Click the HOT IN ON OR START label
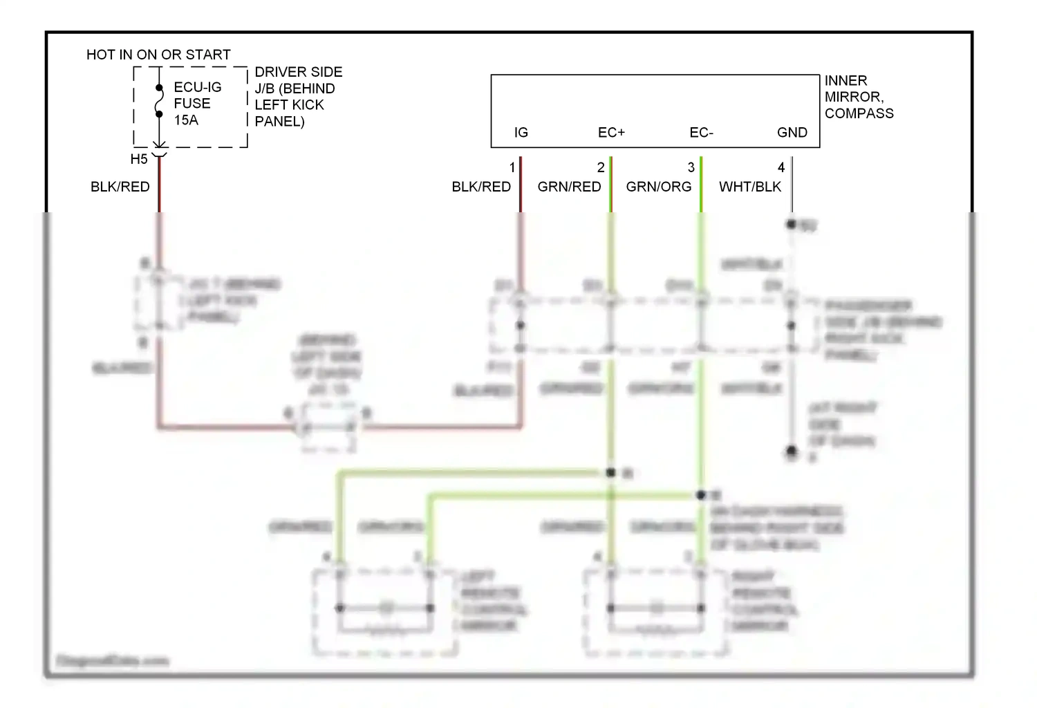tap(158, 55)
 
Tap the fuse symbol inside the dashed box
tap(159, 101)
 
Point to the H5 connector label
tap(139, 160)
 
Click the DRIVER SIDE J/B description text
tap(298, 97)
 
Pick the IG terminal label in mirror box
tap(521, 133)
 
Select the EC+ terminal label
tap(611, 133)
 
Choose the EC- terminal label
tap(701, 133)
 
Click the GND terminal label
tap(792, 133)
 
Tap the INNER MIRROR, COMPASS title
tap(859, 97)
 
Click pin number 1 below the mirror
tap(512, 168)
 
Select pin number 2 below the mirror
tap(601, 168)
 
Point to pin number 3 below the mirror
tap(691, 168)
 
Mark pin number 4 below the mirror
tap(781, 168)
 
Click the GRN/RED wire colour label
tap(569, 187)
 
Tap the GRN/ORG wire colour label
tap(658, 187)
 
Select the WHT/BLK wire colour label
tap(749, 187)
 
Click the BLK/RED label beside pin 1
tap(481, 187)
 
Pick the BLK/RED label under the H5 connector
tap(120, 187)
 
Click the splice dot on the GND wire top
tap(792, 224)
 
